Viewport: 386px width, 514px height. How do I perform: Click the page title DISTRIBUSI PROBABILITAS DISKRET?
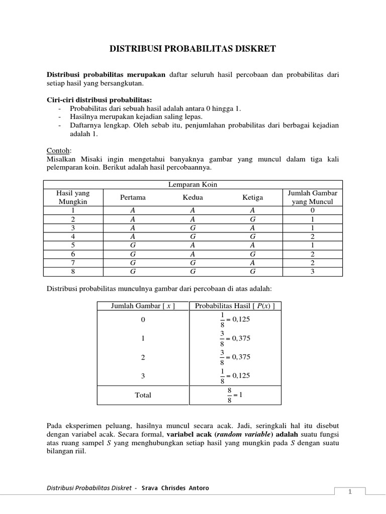pos(193,49)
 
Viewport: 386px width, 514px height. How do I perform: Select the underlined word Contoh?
pos(59,151)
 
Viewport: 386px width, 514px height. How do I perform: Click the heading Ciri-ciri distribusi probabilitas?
pos(99,99)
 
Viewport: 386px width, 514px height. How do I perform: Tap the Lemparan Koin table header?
pos(192,185)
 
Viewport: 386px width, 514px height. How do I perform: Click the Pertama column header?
pos(133,198)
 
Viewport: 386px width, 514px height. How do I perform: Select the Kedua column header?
pos(192,198)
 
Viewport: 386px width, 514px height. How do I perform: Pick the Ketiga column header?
pos(252,198)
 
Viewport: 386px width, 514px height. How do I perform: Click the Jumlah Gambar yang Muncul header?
pos(313,198)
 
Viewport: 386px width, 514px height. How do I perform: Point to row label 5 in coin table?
pos(73,245)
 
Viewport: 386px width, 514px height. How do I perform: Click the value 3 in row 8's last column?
pos(313,272)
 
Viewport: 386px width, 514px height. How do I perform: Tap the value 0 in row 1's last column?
pos(313,211)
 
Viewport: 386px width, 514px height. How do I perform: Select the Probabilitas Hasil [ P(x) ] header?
pos(235,306)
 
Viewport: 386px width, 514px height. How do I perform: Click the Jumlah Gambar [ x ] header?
pos(143,306)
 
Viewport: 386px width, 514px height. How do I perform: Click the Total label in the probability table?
pos(143,395)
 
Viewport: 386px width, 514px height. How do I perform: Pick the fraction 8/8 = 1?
pos(235,395)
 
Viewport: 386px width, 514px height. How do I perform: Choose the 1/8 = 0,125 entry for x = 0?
pos(235,320)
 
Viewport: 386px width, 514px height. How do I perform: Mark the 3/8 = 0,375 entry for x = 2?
pos(235,357)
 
